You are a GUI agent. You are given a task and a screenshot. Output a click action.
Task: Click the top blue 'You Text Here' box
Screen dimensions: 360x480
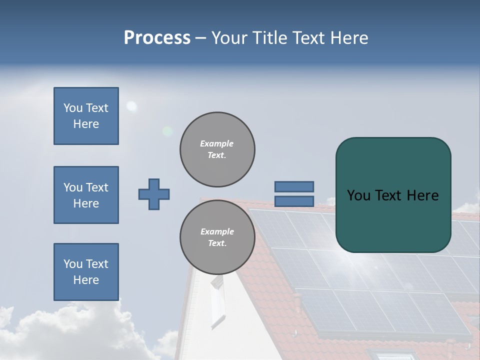(86, 116)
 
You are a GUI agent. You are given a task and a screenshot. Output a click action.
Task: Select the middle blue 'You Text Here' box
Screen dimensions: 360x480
(86, 195)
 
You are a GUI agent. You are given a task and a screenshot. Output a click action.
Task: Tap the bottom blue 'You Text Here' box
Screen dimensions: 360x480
(86, 272)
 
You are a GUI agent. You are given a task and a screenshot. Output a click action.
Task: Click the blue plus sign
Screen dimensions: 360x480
(154, 194)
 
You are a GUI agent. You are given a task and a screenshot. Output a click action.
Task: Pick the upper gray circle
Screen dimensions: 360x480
(217, 149)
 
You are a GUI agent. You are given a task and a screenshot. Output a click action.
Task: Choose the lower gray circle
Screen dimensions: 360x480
(217, 237)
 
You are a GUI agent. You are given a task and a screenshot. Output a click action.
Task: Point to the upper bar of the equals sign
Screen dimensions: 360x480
(294, 186)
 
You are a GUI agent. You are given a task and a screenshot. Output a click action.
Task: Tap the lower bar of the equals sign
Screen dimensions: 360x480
(294, 201)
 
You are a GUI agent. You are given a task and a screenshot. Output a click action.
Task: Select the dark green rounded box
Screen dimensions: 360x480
(393, 195)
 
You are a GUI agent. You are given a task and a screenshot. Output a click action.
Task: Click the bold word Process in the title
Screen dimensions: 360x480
(157, 38)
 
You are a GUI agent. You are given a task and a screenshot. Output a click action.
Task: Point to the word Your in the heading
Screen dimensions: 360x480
(229, 38)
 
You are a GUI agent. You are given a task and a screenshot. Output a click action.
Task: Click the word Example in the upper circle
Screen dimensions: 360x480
(216, 143)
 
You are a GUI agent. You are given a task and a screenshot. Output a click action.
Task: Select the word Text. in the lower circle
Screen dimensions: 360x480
(217, 243)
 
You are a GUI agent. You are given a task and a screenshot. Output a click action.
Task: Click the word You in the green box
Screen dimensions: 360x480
(358, 195)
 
